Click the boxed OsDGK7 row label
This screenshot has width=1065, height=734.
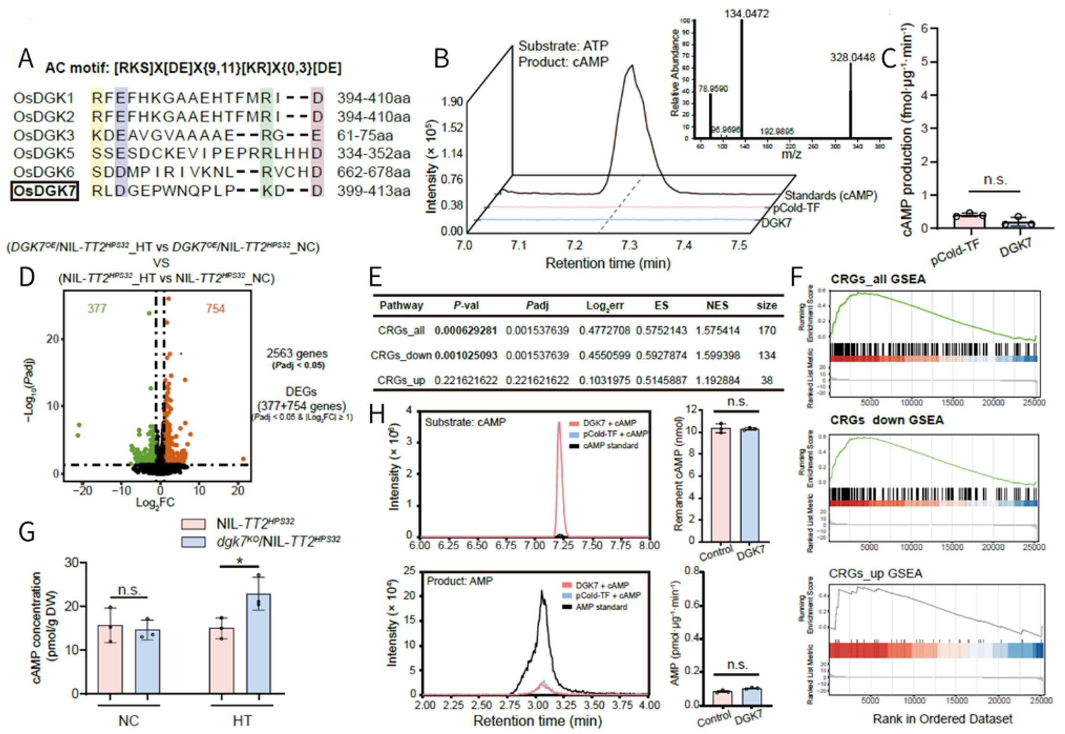[x=44, y=191]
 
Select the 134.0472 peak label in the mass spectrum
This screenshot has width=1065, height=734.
[x=746, y=14]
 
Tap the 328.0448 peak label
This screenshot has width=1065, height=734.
[x=852, y=58]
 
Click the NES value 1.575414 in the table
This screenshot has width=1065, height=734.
[x=717, y=330]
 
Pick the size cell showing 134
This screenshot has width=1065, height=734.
[x=767, y=355]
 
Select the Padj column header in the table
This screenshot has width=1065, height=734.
[x=537, y=305]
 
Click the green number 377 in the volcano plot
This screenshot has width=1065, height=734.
[x=97, y=309]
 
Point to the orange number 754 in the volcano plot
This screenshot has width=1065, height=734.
[x=215, y=309]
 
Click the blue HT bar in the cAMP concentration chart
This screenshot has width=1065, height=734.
[x=258, y=643]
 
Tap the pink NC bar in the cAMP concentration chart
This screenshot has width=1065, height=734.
[x=110, y=659]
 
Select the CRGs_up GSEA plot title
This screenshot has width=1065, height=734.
[x=875, y=573]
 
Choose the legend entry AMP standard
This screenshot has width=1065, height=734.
[x=601, y=607]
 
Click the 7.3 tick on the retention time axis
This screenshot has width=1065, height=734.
[x=629, y=246]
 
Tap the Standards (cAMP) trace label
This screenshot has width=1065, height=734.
[x=831, y=195]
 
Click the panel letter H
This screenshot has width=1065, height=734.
[x=377, y=414]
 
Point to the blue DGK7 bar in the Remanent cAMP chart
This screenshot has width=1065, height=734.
[x=749, y=485]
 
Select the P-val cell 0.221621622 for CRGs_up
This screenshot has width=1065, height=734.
[x=466, y=380]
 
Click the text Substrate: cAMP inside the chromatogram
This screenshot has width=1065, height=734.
[x=465, y=422]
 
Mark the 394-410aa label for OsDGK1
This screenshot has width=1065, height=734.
[x=373, y=98]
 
